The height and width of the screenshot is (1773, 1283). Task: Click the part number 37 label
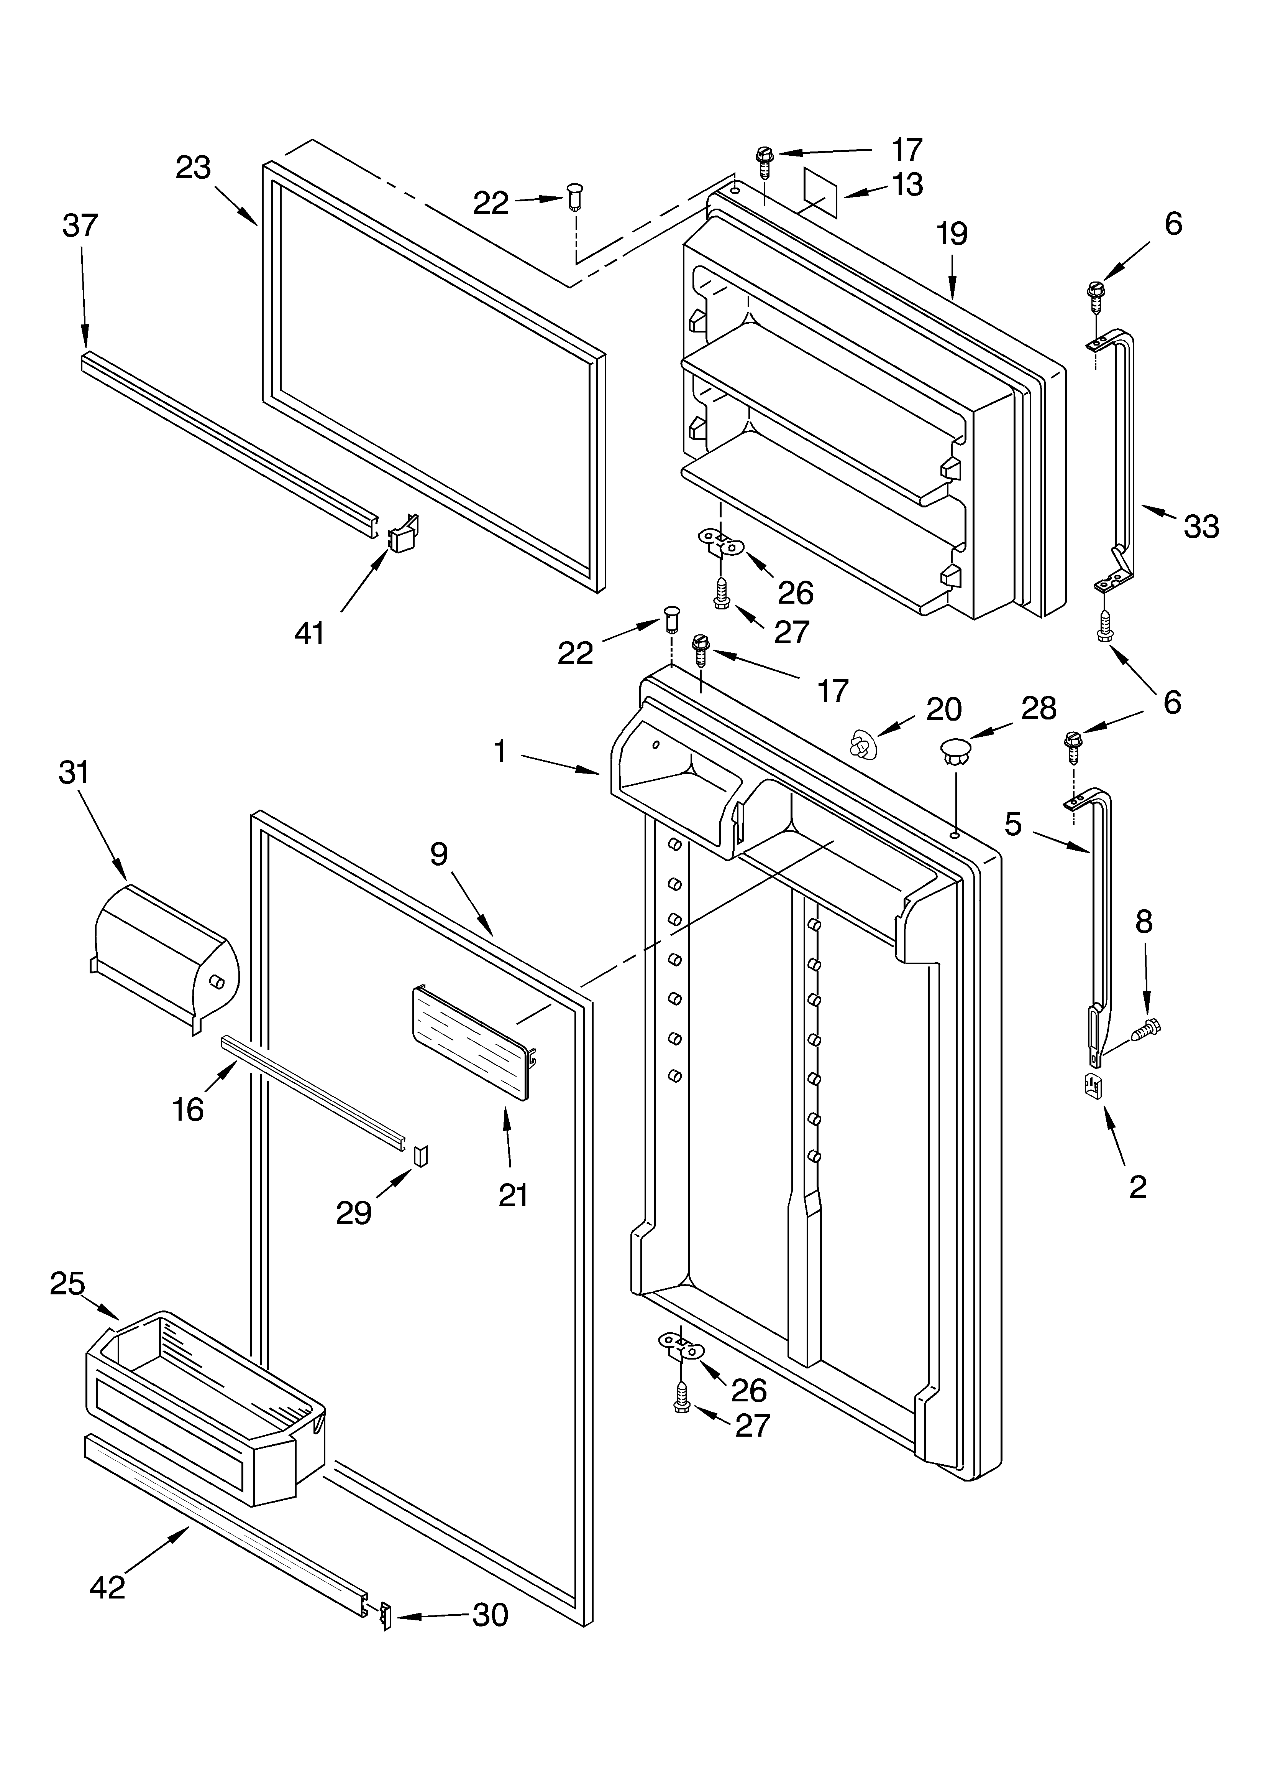(x=80, y=226)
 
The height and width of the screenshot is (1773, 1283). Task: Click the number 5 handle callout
(x=1014, y=824)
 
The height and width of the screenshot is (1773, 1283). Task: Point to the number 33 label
(x=1201, y=527)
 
